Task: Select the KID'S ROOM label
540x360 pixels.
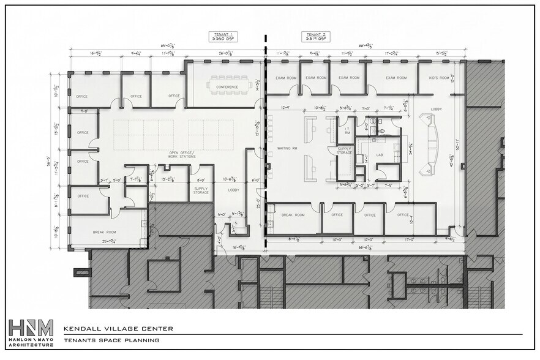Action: point(440,78)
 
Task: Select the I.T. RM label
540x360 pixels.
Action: point(347,130)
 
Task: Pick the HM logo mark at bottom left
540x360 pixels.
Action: point(31,327)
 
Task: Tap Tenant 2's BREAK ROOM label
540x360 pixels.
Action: point(293,215)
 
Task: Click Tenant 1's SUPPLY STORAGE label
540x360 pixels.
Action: point(201,190)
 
